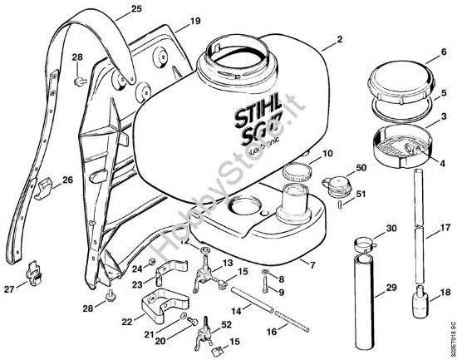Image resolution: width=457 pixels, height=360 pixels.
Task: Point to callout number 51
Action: [360, 195]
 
